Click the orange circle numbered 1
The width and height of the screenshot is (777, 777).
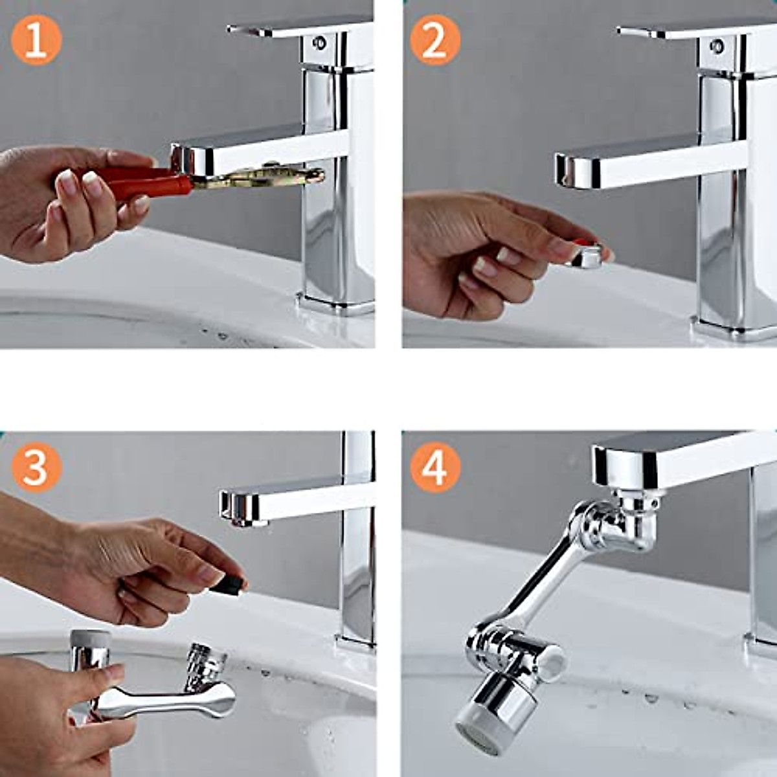pos(36,40)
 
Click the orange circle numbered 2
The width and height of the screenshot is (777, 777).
pos(435,40)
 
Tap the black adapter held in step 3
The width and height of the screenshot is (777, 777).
pos(228,583)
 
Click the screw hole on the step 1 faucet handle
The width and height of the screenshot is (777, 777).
pos(319,42)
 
